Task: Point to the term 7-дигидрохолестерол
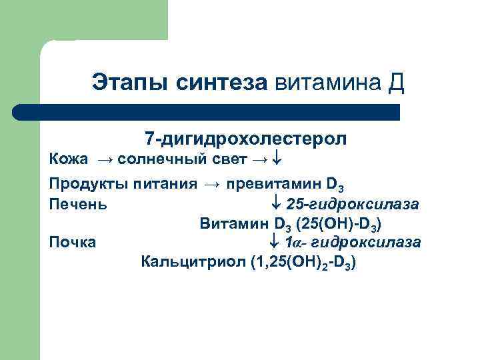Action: coord(245,139)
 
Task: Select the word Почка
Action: coord(73,242)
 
